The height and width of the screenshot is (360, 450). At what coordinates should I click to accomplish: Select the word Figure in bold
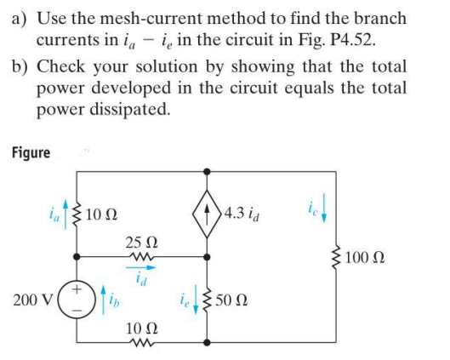(31, 153)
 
